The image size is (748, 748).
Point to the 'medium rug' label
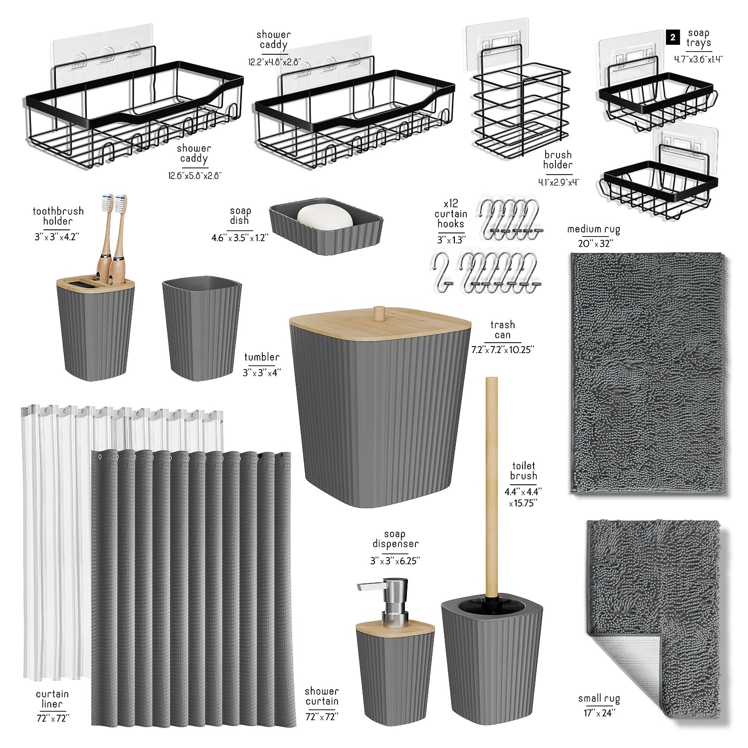pyautogui.click(x=593, y=229)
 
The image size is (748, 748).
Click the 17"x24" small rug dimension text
pyautogui.click(x=599, y=713)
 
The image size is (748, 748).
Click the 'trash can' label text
pyautogui.click(x=502, y=330)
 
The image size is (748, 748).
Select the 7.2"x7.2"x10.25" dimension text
pyautogui.click(x=502, y=350)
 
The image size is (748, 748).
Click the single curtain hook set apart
pyautogui.click(x=442, y=269)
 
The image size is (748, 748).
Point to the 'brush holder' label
pyautogui.click(x=558, y=160)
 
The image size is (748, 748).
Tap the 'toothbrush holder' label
pyautogui.click(x=58, y=216)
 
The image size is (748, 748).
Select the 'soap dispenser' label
pyautogui.click(x=395, y=539)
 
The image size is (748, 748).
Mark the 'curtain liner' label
pyautogui.click(x=52, y=699)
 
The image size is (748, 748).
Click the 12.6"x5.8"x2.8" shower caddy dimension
pyautogui.click(x=194, y=176)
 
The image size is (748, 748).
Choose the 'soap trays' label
pyautogui.click(x=698, y=38)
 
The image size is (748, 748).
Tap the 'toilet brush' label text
pyautogui.click(x=524, y=471)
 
